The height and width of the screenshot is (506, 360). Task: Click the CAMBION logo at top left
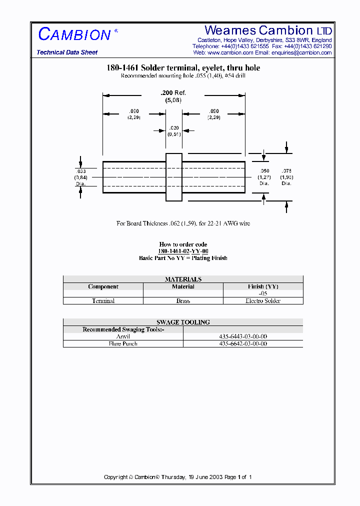point(74,34)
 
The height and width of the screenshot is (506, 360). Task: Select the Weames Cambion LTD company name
point(268,30)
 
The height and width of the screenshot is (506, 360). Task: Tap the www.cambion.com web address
point(230,52)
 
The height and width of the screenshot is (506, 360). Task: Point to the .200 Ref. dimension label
point(173,93)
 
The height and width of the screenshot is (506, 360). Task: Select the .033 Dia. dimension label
point(80,177)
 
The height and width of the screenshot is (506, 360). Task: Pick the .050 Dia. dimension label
point(264,177)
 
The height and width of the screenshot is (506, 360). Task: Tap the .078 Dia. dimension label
point(286,177)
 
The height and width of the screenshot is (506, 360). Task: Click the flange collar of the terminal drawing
point(173,177)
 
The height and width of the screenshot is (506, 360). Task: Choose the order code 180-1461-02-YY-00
point(183,251)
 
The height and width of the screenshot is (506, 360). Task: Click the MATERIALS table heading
point(183,279)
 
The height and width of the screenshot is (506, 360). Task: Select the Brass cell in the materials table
point(183,301)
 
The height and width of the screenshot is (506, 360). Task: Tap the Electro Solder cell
point(263,301)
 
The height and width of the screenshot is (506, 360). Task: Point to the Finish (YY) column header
point(263,286)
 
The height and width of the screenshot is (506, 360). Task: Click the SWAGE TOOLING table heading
point(183,322)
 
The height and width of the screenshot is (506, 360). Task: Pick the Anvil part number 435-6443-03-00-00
point(243,336)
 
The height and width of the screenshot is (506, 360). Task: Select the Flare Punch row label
point(123,343)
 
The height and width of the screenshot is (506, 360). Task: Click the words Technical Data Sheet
point(67,52)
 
